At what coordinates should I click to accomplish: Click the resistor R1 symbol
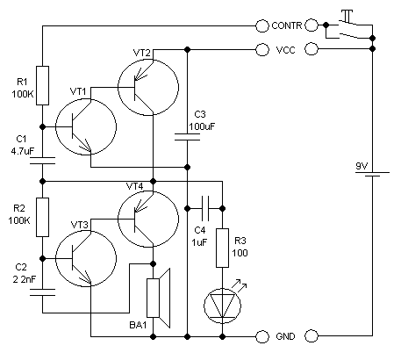pos(42,85)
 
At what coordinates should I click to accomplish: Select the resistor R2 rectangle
pos(42,217)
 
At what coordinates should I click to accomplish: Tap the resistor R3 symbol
pos(222,248)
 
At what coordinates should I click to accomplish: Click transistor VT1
pos(86,126)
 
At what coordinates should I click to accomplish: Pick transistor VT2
pos(148,87)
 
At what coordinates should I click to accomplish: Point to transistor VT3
pos(86,258)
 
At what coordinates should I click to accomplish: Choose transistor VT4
pos(148,219)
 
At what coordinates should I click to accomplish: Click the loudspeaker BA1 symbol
pos(158,298)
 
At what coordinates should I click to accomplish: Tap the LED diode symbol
pos(222,306)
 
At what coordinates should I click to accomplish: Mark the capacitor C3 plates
pos(187,137)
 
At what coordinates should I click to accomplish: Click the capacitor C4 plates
pos(205,208)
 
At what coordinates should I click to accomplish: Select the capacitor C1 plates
pos(42,161)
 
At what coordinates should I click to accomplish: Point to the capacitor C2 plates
pos(42,292)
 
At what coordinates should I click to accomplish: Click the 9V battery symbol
pos(372,174)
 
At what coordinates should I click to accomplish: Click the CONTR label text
pos(287,25)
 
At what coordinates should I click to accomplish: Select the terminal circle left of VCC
pos(262,50)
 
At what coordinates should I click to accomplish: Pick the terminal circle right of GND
pos(311,336)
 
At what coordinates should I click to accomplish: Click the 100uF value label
pos(202,126)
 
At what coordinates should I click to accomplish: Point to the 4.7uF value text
pos(23,151)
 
